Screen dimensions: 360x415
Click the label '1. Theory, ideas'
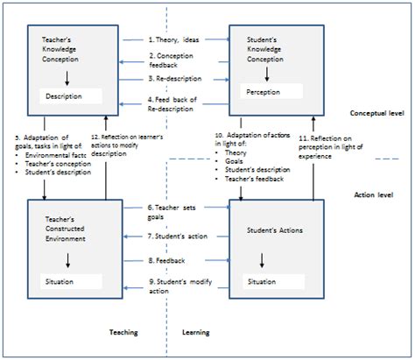(x=173, y=39)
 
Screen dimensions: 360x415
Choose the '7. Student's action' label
(x=176, y=236)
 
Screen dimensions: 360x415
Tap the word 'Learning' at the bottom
(x=194, y=332)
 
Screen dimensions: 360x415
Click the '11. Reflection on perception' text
(x=360, y=145)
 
